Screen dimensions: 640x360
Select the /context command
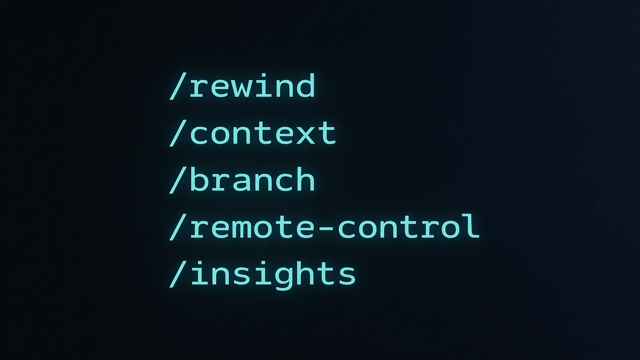pyautogui.click(x=252, y=133)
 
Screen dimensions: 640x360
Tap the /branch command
pyautogui.click(x=242, y=180)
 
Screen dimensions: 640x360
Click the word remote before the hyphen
pyautogui.click(x=252, y=227)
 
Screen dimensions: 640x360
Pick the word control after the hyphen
pyautogui.click(x=408, y=226)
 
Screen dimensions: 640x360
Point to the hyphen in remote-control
pyautogui.click(x=326, y=228)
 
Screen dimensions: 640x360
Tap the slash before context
pyautogui.click(x=178, y=133)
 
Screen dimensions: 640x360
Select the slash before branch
pyautogui.click(x=178, y=180)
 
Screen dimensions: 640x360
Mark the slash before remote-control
pyautogui.click(x=178, y=227)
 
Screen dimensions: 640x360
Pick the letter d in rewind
pyautogui.click(x=305, y=85)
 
